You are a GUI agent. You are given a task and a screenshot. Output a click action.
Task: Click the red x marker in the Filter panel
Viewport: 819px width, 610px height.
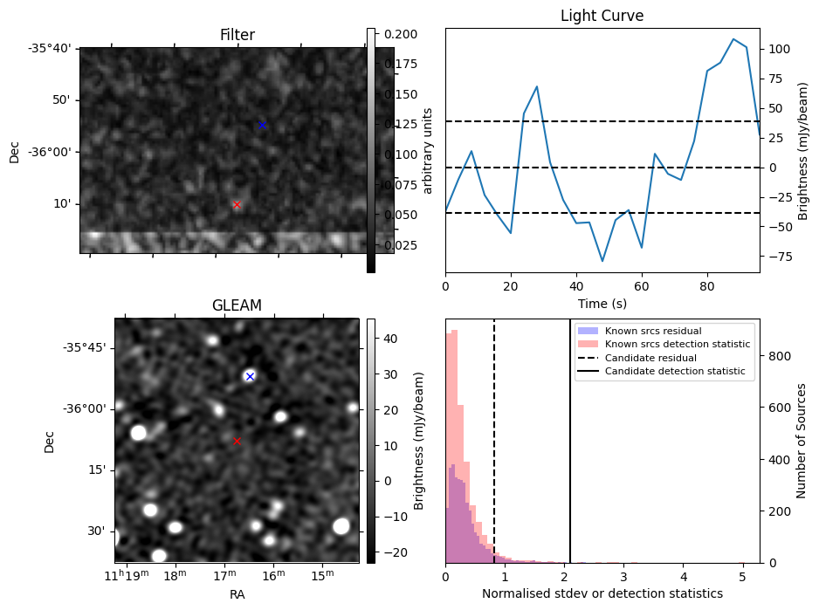pyautogui.click(x=237, y=205)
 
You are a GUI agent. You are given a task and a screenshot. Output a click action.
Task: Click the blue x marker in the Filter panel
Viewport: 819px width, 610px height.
pyautogui.click(x=261, y=125)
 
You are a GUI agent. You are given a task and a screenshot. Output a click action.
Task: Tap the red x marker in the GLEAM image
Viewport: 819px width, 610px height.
pyautogui.click(x=237, y=441)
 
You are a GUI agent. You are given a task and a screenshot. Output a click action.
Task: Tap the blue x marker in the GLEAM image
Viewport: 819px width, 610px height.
pyautogui.click(x=250, y=376)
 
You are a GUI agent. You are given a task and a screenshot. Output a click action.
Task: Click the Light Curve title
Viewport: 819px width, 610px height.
pyautogui.click(x=602, y=16)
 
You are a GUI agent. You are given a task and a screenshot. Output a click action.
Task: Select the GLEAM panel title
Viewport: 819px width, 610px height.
pyautogui.click(x=237, y=305)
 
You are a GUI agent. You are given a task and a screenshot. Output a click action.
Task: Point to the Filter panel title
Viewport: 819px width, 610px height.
pyautogui.click(x=237, y=35)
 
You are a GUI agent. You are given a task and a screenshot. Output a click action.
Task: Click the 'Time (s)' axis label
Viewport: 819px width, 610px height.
pyautogui.click(x=602, y=304)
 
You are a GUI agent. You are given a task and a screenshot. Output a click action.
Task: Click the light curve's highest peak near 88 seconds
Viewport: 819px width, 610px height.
pyautogui.click(x=733, y=39)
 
